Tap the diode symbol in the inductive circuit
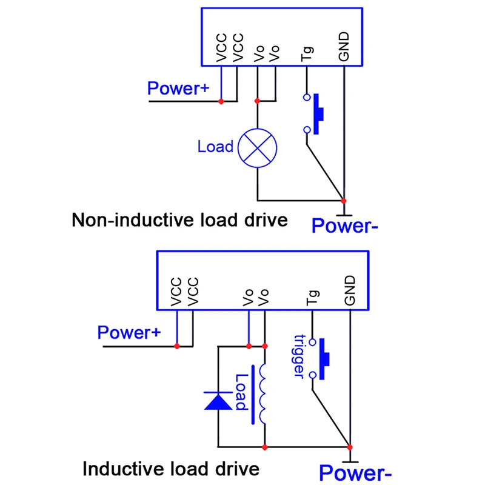coord(218,401)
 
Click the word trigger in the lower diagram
coord(299,356)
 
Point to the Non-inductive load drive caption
coord(179,220)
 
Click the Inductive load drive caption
coord(171,469)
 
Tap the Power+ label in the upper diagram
coord(178,88)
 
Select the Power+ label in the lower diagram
coord(129,332)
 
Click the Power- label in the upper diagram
coord(344,226)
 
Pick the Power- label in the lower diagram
coord(355,473)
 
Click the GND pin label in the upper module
coord(344,47)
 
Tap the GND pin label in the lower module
coord(350,290)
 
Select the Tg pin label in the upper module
coord(307,54)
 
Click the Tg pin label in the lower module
coord(313,298)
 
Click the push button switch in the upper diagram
coord(313,114)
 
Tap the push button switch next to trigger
coord(319,359)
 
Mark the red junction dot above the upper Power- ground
coord(343,201)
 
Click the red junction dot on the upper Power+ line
coord(221,101)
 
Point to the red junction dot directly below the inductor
coord(265,447)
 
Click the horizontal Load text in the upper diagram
coord(216,147)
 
